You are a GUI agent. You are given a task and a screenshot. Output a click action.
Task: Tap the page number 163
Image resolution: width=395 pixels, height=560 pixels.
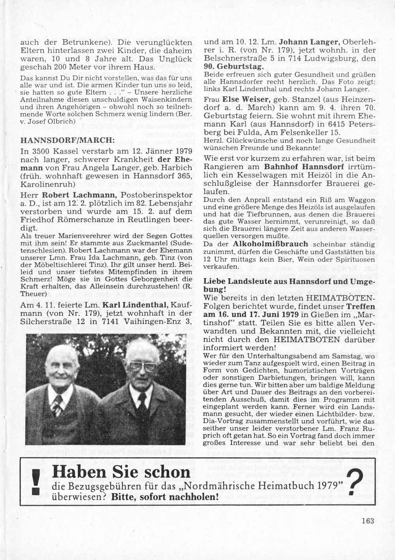tap(367, 521)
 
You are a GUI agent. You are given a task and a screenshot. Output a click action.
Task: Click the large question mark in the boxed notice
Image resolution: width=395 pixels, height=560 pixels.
tap(356, 483)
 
